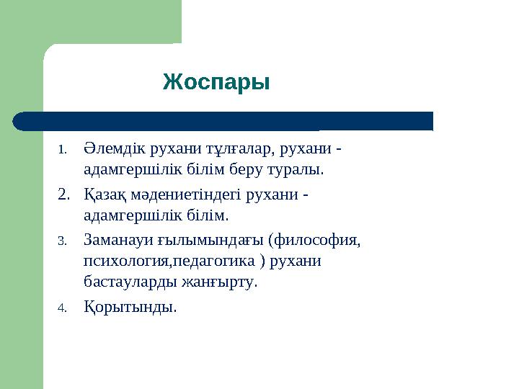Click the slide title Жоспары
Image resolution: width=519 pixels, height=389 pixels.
(x=216, y=82)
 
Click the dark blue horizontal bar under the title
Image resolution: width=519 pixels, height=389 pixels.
(x=223, y=121)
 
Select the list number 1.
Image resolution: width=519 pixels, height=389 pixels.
(x=62, y=151)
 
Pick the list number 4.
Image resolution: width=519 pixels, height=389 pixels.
(x=62, y=308)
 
